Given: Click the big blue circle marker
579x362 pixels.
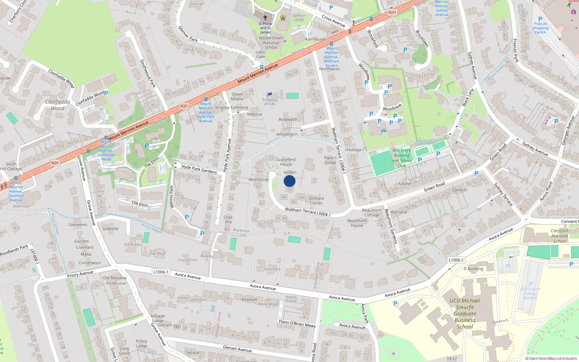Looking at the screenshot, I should click(289, 181).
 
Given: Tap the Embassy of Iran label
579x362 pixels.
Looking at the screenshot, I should click(270, 102).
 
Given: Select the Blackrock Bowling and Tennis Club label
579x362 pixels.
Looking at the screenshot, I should click(402, 158).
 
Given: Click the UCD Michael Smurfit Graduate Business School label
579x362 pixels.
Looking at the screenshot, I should click(465, 313).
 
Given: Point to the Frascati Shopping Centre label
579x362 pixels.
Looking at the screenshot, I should click(540, 28).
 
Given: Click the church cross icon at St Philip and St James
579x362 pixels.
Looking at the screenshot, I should click(265, 17).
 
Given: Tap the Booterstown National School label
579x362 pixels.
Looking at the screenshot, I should click(271, 43).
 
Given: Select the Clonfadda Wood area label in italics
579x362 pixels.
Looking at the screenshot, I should click(58, 105).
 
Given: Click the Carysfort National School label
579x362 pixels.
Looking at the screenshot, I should click(559, 236).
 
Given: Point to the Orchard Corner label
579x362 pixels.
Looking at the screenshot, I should click(316, 201).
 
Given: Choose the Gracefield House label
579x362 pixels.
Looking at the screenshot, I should click(286, 162).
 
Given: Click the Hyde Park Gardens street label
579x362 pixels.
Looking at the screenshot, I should click(199, 169).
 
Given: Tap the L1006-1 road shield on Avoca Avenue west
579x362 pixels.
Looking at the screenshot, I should click(161, 272).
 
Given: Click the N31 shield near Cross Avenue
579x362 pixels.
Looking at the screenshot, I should click(392, 12).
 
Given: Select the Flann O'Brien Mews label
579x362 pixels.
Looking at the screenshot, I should click(297, 323).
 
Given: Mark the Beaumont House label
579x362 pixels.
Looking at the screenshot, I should click(357, 223).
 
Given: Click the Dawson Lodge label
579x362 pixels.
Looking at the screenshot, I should click(299, 17).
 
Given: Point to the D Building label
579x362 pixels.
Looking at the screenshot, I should click(473, 269).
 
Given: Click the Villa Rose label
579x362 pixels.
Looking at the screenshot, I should click(272, 269).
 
